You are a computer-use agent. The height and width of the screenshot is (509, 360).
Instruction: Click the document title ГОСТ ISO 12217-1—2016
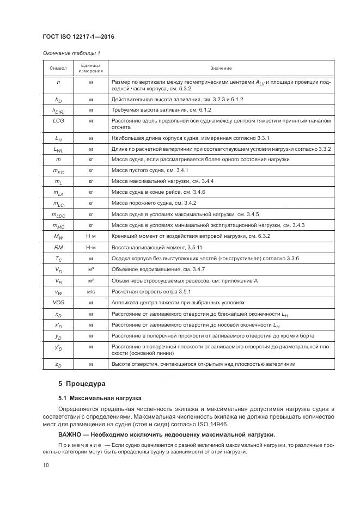tap(78, 36)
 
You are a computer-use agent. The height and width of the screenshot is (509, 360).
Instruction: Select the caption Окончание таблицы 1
tap(71, 53)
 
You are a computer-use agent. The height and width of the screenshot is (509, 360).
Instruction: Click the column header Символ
tap(58, 68)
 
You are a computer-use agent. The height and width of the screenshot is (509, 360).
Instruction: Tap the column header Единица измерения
tap(90, 68)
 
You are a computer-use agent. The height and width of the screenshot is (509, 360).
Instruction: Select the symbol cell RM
tap(58, 247)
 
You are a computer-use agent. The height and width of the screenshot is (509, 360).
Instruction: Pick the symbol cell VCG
tap(58, 302)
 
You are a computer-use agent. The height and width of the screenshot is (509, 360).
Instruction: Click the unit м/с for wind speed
tap(90, 291)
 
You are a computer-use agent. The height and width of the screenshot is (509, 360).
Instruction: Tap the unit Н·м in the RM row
tap(90, 247)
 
